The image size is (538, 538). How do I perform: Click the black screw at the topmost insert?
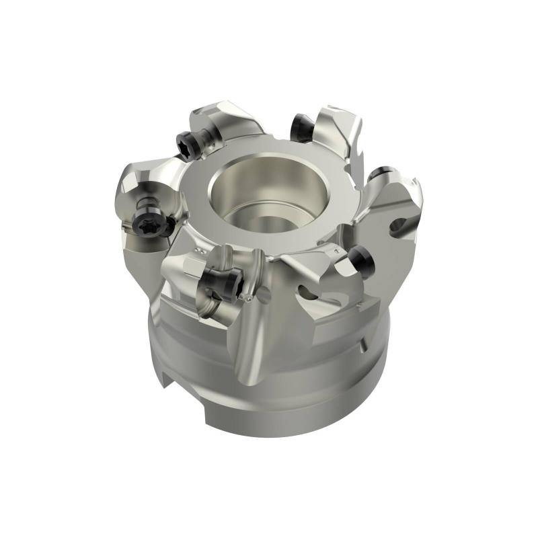300,125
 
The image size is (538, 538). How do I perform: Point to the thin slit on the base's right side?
362,347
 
